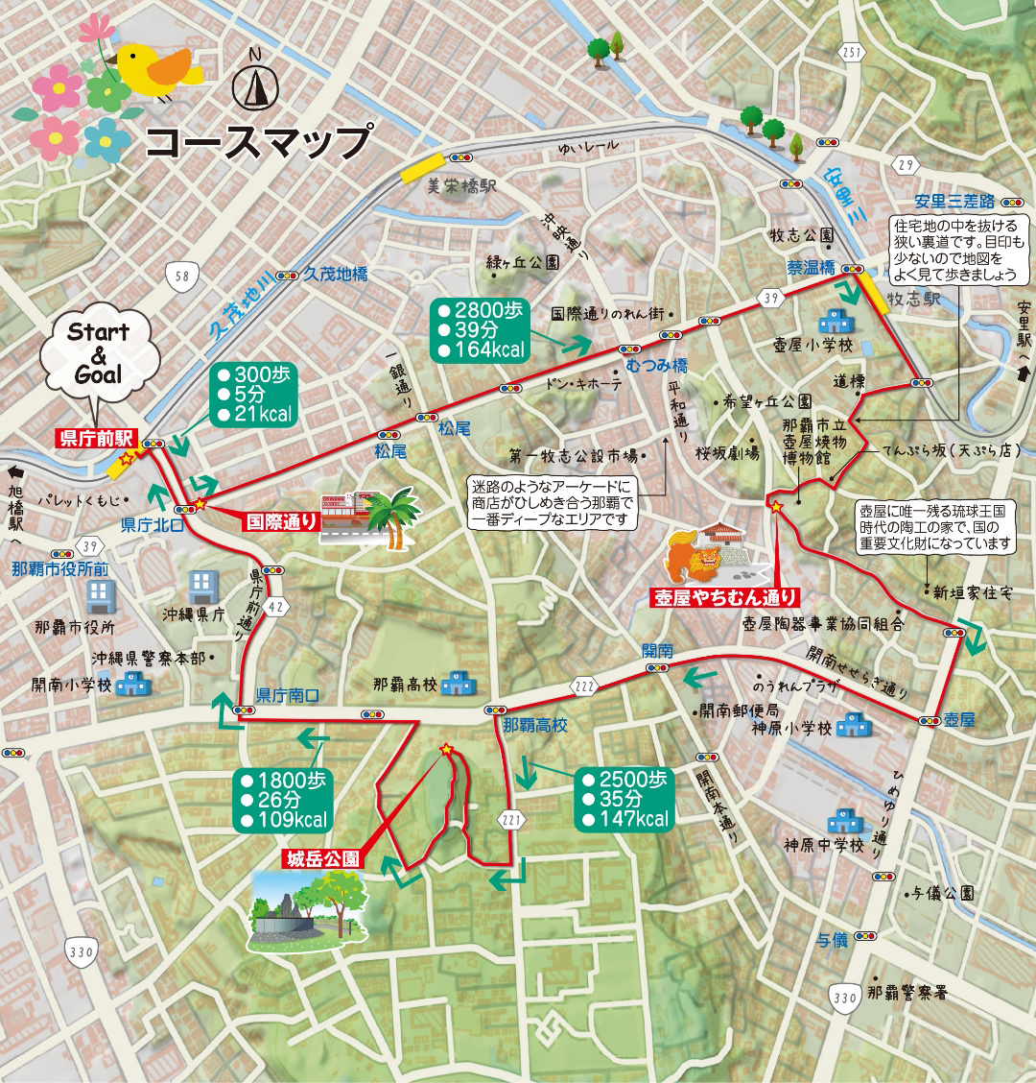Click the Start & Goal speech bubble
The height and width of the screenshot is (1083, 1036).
[x=99, y=352]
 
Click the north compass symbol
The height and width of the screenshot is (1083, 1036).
[x=254, y=84]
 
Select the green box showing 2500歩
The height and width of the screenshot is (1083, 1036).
[x=624, y=799]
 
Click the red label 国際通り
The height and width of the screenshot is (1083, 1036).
[x=281, y=522]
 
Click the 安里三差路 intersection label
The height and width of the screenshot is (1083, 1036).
[x=954, y=202]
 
